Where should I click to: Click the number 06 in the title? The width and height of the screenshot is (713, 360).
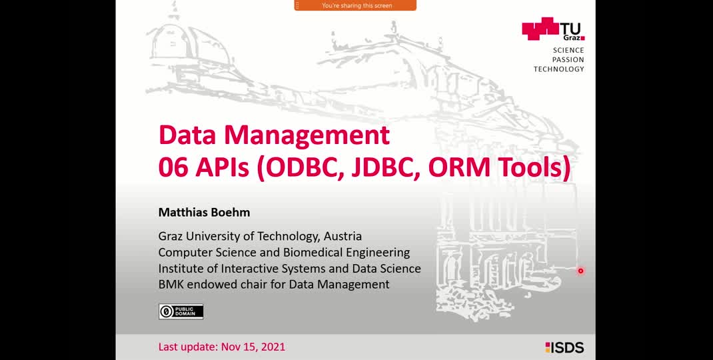173,167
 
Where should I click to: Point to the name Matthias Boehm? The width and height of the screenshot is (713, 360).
204,212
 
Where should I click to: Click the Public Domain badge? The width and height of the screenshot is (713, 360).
181,311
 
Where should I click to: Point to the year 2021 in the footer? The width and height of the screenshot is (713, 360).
272,347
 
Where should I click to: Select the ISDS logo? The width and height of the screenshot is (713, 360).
564,348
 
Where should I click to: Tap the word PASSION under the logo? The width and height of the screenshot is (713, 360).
568,59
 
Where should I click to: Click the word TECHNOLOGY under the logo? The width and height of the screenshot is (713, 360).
559,69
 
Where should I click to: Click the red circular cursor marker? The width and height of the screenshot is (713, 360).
580,271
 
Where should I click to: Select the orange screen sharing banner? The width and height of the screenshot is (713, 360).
355,5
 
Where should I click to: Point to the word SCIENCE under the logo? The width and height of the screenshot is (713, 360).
568,50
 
